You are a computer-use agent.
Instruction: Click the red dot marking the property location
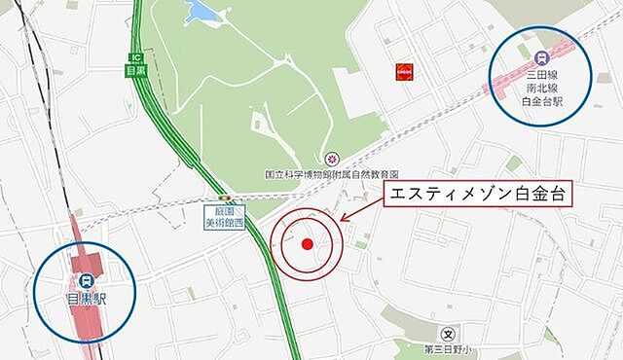308,244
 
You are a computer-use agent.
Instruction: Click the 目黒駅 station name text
87,298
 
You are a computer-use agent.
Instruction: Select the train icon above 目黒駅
86,278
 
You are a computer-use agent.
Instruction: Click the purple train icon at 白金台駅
542,55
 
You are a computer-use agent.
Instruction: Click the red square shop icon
401,72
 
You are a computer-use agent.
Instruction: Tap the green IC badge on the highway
135,55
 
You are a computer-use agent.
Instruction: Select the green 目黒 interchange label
135,70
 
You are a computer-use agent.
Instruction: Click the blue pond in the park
202,11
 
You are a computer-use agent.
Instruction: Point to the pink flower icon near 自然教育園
331,158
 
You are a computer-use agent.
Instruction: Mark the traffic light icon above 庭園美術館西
226,197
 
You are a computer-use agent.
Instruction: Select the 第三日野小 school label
446,349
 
